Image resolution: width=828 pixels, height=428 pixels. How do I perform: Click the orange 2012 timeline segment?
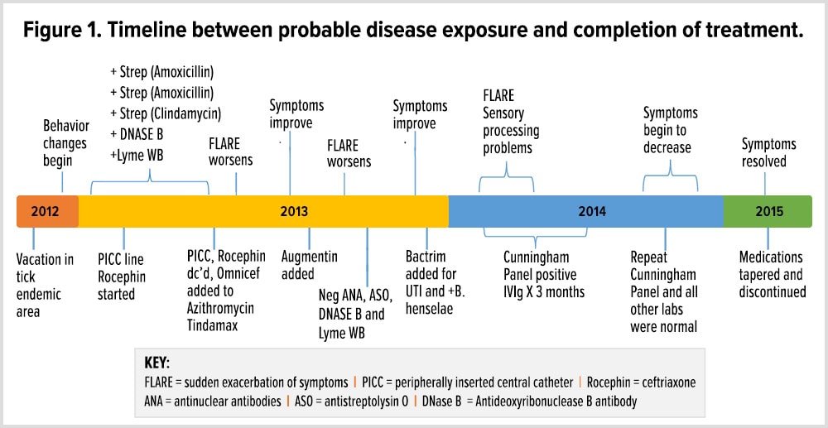(x=46, y=211)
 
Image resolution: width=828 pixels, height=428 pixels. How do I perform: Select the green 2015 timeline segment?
(x=768, y=211)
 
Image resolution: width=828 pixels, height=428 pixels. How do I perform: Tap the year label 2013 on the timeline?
(x=294, y=211)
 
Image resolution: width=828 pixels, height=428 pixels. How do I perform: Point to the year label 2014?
(x=591, y=211)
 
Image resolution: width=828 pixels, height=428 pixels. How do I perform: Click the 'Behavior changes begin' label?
(x=66, y=142)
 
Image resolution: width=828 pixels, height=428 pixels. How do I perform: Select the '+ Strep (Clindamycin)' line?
(x=166, y=113)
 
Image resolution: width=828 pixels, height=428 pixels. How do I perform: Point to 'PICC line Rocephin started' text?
(x=123, y=276)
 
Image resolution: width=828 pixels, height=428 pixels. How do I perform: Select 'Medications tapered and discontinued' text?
(x=771, y=276)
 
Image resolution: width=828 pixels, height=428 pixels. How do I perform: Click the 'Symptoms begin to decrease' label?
(x=670, y=130)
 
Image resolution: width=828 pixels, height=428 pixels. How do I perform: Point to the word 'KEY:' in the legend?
(x=157, y=362)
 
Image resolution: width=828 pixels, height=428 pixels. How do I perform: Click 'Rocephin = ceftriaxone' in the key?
(x=638, y=382)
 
